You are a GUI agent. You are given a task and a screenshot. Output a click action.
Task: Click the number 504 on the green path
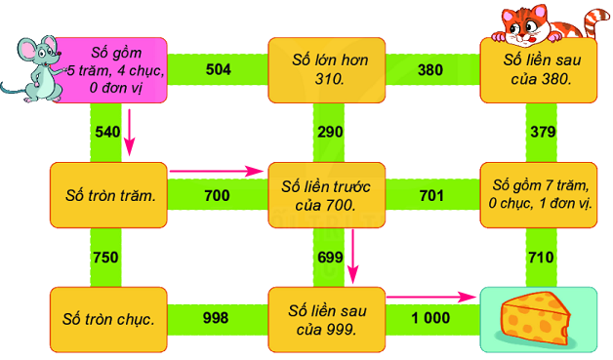pos(218,69)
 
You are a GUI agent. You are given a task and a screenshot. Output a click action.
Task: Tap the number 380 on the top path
pos(430,69)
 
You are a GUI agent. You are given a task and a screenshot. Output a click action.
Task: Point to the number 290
pos(330,130)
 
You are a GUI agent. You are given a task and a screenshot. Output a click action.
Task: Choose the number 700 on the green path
pos(218,196)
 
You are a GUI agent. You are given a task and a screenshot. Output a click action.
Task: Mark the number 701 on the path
pos(430,196)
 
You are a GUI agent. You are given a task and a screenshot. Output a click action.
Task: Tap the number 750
pos(105,257)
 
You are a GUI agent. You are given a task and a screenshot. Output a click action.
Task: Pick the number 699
pos(330,257)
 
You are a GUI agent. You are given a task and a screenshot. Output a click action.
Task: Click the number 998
pos(216,318)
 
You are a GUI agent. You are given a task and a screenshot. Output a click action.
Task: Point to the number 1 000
pos(430,318)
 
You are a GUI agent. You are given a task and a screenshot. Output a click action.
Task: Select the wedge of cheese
pos(536,318)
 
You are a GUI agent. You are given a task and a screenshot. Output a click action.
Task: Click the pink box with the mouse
pos(112,69)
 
